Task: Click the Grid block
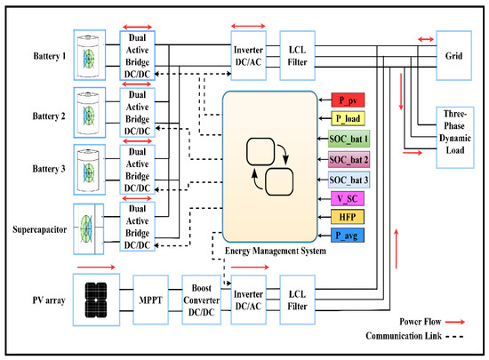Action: pyautogui.click(x=452, y=53)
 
